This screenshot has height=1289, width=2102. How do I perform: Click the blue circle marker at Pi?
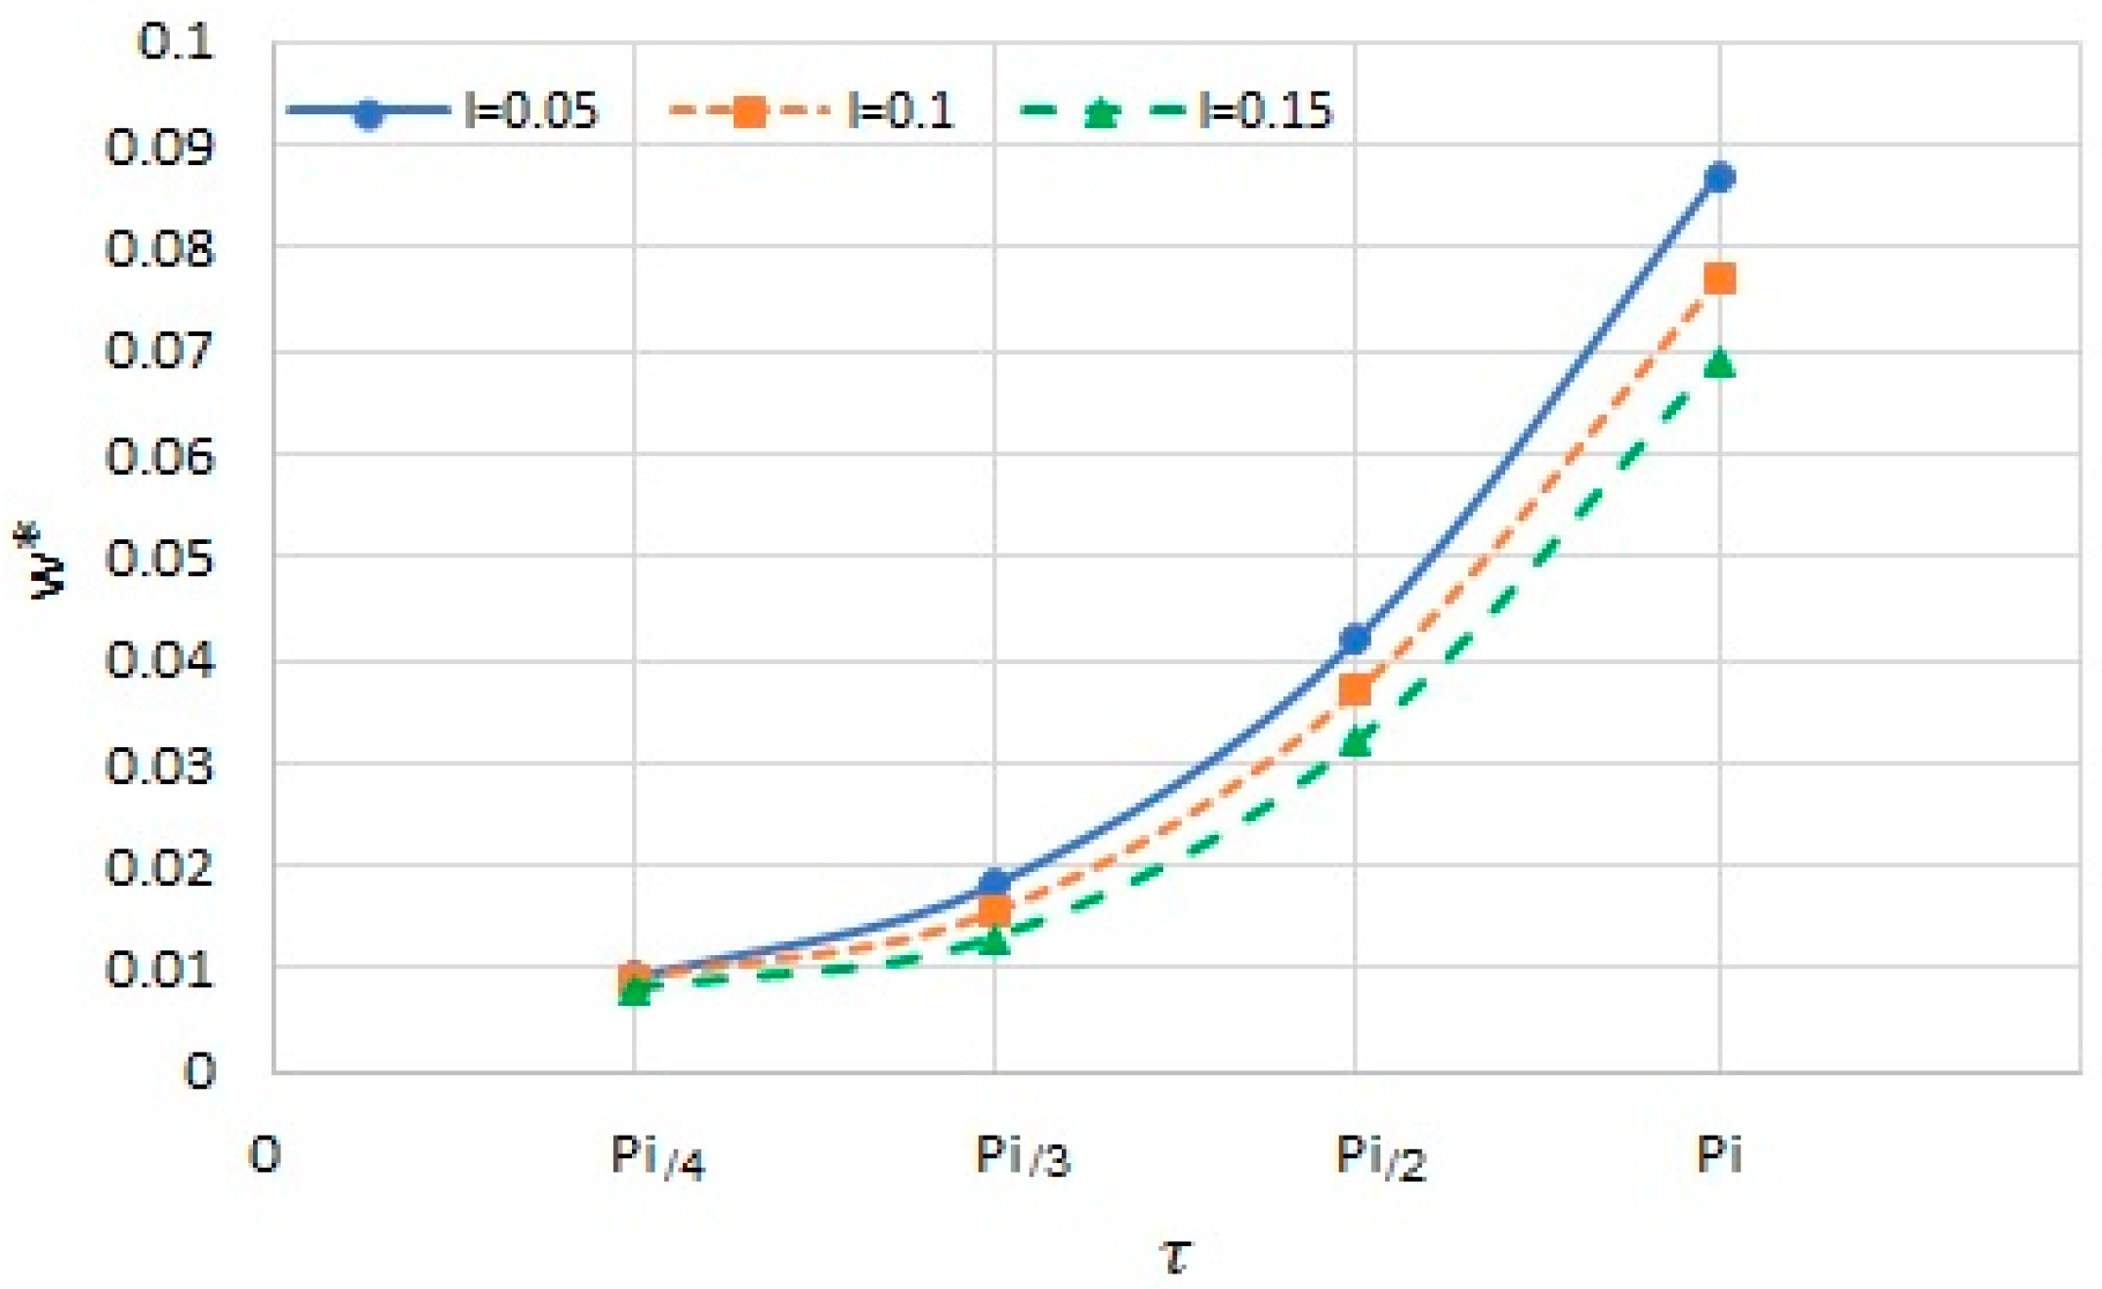pyautogui.click(x=1719, y=177)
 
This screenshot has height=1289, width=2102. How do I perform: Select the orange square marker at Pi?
pyautogui.click(x=1719, y=278)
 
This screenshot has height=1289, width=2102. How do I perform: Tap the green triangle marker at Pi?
pyautogui.click(x=1719, y=363)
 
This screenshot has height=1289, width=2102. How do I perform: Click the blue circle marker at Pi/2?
pyautogui.click(x=1355, y=640)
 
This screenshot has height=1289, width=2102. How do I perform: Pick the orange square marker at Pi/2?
pyautogui.click(x=1355, y=690)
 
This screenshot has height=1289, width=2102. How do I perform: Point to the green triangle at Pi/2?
pyautogui.click(x=1355, y=742)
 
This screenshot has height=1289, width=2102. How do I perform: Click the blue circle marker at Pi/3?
pyautogui.click(x=994, y=884)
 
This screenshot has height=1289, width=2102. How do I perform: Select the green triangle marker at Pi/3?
pyautogui.click(x=994, y=941)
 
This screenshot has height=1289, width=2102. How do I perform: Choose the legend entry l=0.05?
pyautogui.click(x=530, y=111)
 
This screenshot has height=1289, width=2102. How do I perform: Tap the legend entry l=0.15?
pyautogui.click(x=1265, y=111)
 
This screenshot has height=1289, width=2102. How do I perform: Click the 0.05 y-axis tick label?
pyautogui.click(x=159, y=558)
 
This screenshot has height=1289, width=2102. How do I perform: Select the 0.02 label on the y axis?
pyautogui.click(x=159, y=866)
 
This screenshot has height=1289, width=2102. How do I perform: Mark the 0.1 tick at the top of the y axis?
pyautogui.click(x=176, y=43)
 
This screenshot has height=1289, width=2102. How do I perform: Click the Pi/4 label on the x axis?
pyautogui.click(x=656, y=1158)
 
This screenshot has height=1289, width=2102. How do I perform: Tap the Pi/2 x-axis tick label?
pyautogui.click(x=1380, y=1158)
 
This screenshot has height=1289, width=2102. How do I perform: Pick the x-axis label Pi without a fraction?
pyautogui.click(x=1718, y=1155)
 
